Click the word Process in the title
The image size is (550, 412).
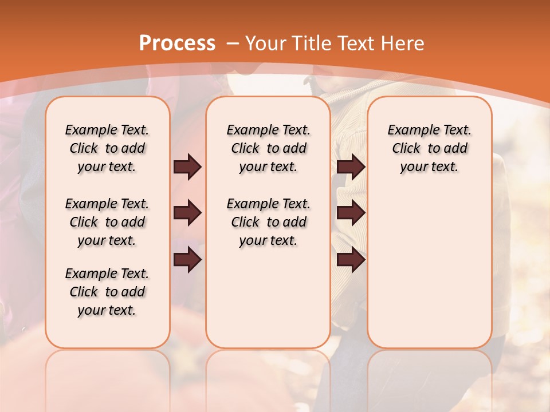[x=177, y=43]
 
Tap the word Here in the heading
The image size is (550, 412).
[x=402, y=43]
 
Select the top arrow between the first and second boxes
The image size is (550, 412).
[x=187, y=167]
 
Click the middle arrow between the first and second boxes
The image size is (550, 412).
[x=187, y=213]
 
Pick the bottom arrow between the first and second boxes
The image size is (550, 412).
[x=187, y=260]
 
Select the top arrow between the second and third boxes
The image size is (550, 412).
[x=351, y=167]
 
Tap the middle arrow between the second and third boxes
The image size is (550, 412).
[x=351, y=213]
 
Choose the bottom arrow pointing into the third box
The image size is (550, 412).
[x=351, y=260]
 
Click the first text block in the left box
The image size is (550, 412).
[x=107, y=148]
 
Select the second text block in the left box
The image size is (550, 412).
[x=107, y=222]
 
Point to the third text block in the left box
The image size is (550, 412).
[x=107, y=292]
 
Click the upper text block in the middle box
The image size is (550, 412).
[x=268, y=148]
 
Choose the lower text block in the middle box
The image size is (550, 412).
[x=268, y=222]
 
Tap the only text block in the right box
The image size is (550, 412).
[x=429, y=148]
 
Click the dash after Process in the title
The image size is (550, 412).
[x=233, y=43]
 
